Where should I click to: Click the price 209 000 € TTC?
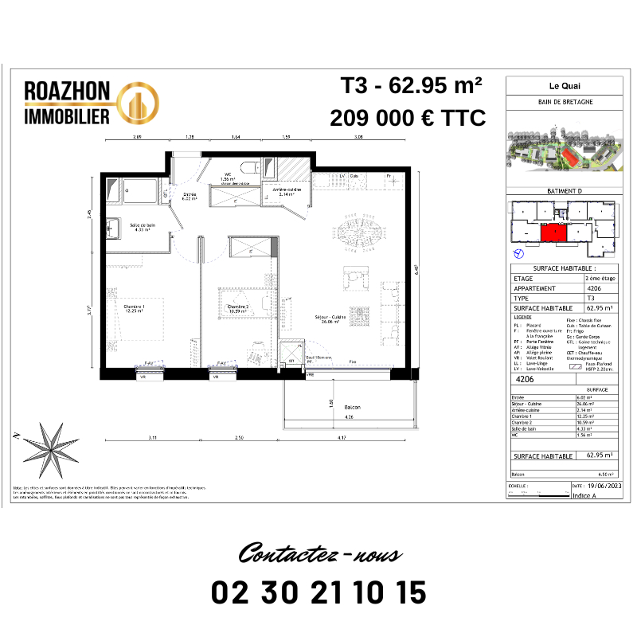[408, 119]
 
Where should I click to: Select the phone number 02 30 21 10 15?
[318, 592]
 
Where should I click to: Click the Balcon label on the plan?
[347, 407]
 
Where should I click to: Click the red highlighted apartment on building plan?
[553, 233]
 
